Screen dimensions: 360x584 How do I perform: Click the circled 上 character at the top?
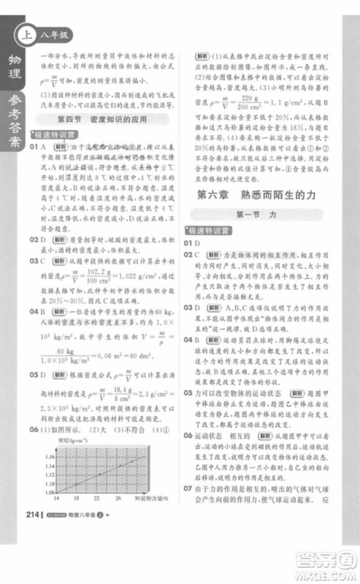28,33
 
